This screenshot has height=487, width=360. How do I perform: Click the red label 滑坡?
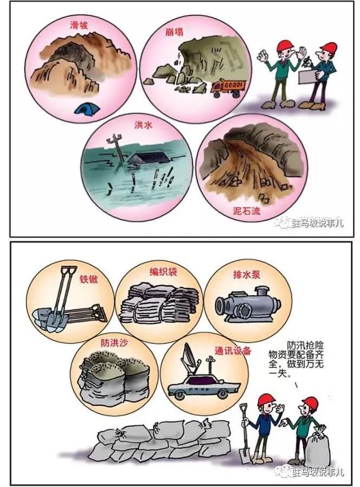pyautogui.click(x=79, y=25)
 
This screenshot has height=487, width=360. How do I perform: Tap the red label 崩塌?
pyautogui.click(x=174, y=31)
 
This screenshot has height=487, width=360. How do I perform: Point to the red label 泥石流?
pyautogui.click(x=247, y=211)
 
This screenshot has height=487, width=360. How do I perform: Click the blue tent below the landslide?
pyautogui.click(x=87, y=108)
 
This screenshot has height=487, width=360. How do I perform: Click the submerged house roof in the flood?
pyautogui.click(x=149, y=158)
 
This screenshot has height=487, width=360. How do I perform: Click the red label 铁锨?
pyautogui.click(x=89, y=279)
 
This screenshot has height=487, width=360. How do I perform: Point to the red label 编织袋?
pyautogui.click(x=163, y=272)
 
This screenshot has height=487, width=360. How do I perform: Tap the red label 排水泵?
pyautogui.click(x=247, y=275)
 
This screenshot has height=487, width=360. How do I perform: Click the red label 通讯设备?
pyautogui.click(x=233, y=350)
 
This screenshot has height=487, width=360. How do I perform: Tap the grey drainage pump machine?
pyautogui.click(x=248, y=304)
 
